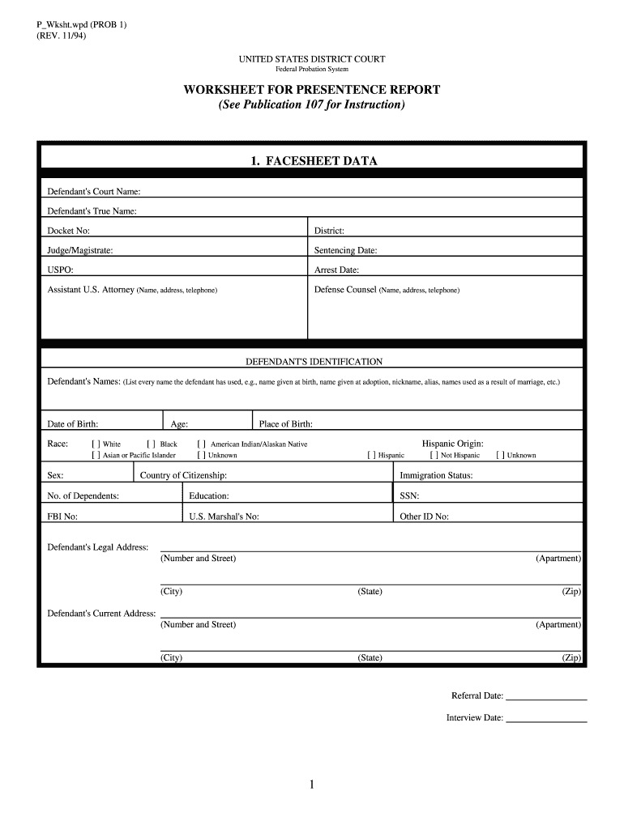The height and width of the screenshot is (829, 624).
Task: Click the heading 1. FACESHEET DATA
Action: pos(313,161)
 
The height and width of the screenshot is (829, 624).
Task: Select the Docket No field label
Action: pos(69,231)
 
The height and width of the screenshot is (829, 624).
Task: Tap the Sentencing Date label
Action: pos(345,250)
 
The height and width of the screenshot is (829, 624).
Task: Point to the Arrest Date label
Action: pos(336,270)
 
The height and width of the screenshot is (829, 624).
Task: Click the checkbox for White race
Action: pos(96,444)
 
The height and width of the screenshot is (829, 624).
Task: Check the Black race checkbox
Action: pos(151,444)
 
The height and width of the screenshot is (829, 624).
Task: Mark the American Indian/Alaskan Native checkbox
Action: pos(201,444)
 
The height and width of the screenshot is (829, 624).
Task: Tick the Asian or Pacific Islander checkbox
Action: pos(96,455)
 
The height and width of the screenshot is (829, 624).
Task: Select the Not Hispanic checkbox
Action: pos(434,455)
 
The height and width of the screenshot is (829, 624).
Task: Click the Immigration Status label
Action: pos(436,475)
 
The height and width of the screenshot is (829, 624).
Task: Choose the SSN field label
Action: pos(409,495)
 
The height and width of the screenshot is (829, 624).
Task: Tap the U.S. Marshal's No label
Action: pos(224,516)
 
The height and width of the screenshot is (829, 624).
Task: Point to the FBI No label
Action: pos(63,516)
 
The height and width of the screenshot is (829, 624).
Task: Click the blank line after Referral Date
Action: pos(546,697)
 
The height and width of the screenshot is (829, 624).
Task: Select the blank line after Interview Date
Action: pos(546,719)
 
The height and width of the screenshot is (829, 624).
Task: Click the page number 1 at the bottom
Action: pos(312,784)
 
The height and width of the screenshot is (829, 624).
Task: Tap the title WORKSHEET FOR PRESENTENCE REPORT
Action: pos(312,90)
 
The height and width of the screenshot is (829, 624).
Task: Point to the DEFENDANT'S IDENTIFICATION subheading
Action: pos(314,362)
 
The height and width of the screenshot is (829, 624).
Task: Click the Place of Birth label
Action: pos(285,423)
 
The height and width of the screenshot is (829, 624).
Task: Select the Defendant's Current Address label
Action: pos(101,613)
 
